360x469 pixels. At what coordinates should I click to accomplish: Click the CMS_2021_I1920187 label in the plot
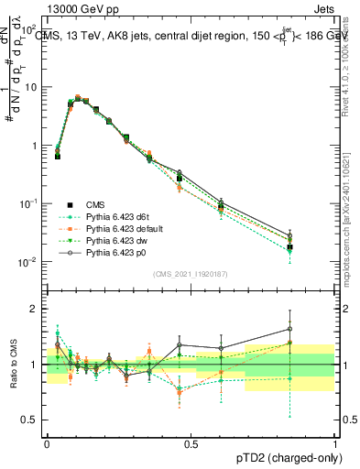190,274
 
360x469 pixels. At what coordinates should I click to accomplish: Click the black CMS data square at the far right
289,247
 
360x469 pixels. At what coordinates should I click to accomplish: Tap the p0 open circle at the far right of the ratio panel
289,329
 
